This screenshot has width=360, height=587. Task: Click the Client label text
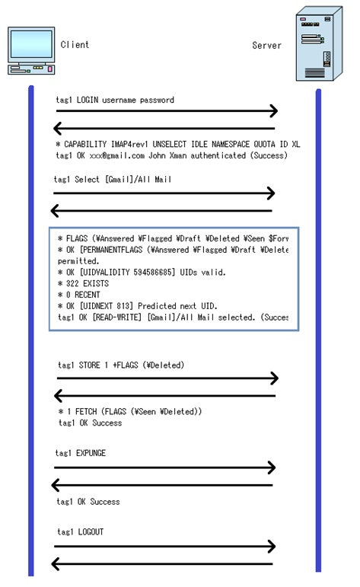[75, 45]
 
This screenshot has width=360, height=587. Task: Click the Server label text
[266, 46]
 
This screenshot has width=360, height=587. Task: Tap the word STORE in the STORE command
[90, 365]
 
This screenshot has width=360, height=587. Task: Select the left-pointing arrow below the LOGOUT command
[163, 564]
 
